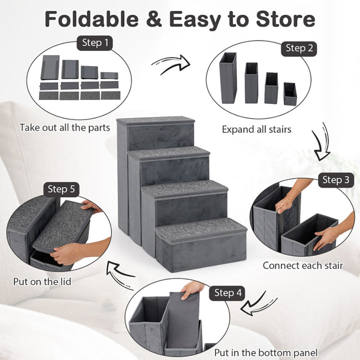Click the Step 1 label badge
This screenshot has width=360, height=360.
pos(95,43)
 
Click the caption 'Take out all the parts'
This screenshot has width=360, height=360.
pos(65,127)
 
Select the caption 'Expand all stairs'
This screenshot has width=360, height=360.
pos(256,129)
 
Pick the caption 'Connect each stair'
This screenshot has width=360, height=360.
pos(302,265)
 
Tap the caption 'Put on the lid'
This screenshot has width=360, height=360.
pos(42,281)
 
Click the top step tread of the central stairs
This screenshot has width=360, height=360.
pos(155,120)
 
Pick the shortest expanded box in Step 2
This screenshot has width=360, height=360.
pos(290,93)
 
